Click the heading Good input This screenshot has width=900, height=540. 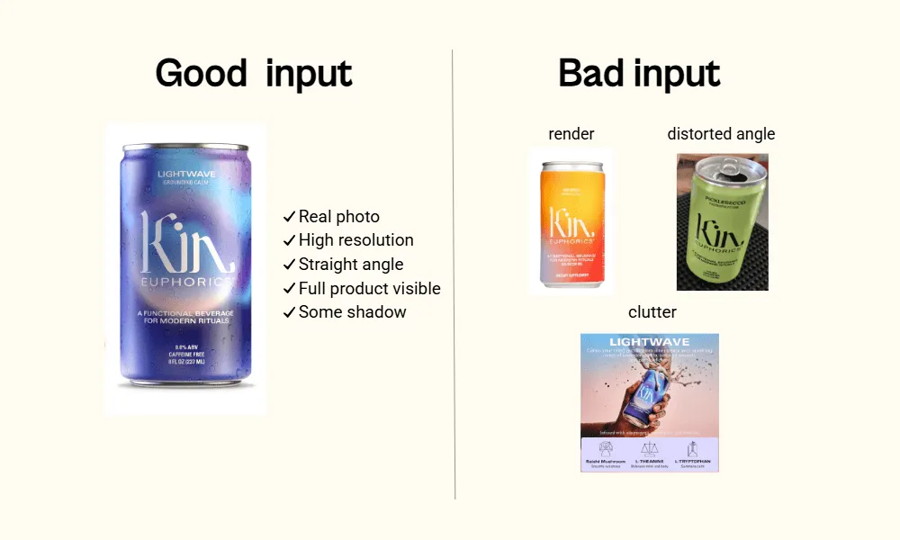pos(253,73)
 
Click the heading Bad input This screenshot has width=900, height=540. pos(639,73)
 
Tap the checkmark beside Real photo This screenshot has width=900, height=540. pos(289,217)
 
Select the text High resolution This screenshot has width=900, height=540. pos(355,240)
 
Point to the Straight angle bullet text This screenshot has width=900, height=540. pos(350,265)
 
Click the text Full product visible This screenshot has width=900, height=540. pos(369,289)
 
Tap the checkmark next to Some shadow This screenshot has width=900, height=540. pos(289,312)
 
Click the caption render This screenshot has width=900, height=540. pos(571,134)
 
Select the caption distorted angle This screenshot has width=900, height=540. pos(721,134)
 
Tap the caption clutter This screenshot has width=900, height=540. pos(652,312)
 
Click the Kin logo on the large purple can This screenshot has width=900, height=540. pos(187,243)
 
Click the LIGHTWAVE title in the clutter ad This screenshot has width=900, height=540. pos(650,342)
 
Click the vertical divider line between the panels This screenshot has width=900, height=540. pos(454,270)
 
